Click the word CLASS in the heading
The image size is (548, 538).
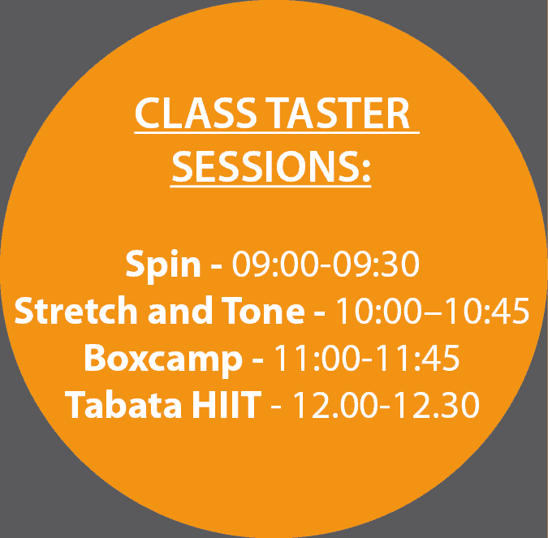tap(196, 113)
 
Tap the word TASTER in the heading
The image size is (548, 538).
tap(337, 113)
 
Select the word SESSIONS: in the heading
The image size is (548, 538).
tap(271, 166)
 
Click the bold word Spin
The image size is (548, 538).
tap(163, 265)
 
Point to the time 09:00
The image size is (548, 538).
tap(276, 264)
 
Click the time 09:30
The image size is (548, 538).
tap(376, 264)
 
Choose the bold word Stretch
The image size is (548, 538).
tap(76, 310)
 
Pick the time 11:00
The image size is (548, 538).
tap(317, 358)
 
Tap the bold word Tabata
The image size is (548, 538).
tap(123, 405)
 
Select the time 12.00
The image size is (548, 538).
tap(336, 405)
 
